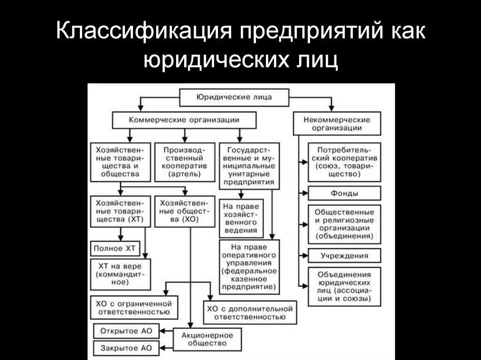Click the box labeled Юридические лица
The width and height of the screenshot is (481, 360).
click(x=233, y=98)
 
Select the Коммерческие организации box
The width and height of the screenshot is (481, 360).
click(x=184, y=120)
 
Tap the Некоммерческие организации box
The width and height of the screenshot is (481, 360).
click(x=336, y=123)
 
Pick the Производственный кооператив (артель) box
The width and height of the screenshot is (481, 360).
click(x=183, y=162)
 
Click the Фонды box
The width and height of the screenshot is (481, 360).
click(x=344, y=193)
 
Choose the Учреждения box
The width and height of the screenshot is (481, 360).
click(x=344, y=256)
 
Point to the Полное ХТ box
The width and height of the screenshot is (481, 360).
click(x=115, y=248)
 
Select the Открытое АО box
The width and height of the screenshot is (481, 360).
click(x=126, y=330)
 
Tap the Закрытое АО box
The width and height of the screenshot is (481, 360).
click(x=126, y=348)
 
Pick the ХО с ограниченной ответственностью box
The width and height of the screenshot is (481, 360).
click(x=134, y=307)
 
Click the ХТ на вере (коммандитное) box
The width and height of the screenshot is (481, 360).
click(x=121, y=274)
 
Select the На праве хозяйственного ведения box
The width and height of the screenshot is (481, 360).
click(x=240, y=218)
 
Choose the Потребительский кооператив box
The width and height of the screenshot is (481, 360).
click(x=344, y=162)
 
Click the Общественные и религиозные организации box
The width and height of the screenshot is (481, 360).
click(x=344, y=224)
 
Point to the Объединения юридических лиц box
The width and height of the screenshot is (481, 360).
click(x=344, y=286)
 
